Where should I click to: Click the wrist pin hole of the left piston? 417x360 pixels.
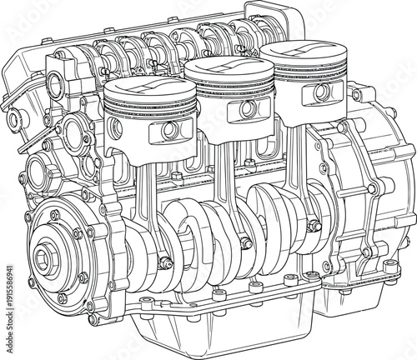[169, 129]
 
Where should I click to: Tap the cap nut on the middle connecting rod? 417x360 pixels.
[247, 243]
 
